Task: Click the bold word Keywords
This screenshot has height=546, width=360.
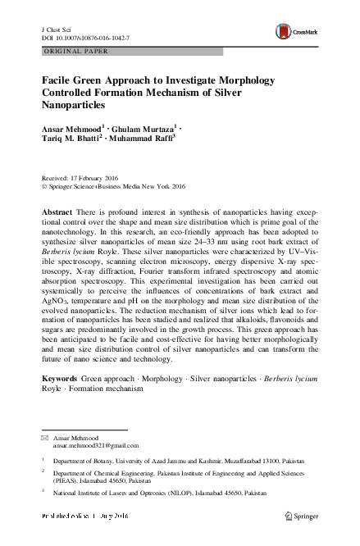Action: (59, 379)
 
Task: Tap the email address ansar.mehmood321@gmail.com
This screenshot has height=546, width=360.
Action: (96, 446)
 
